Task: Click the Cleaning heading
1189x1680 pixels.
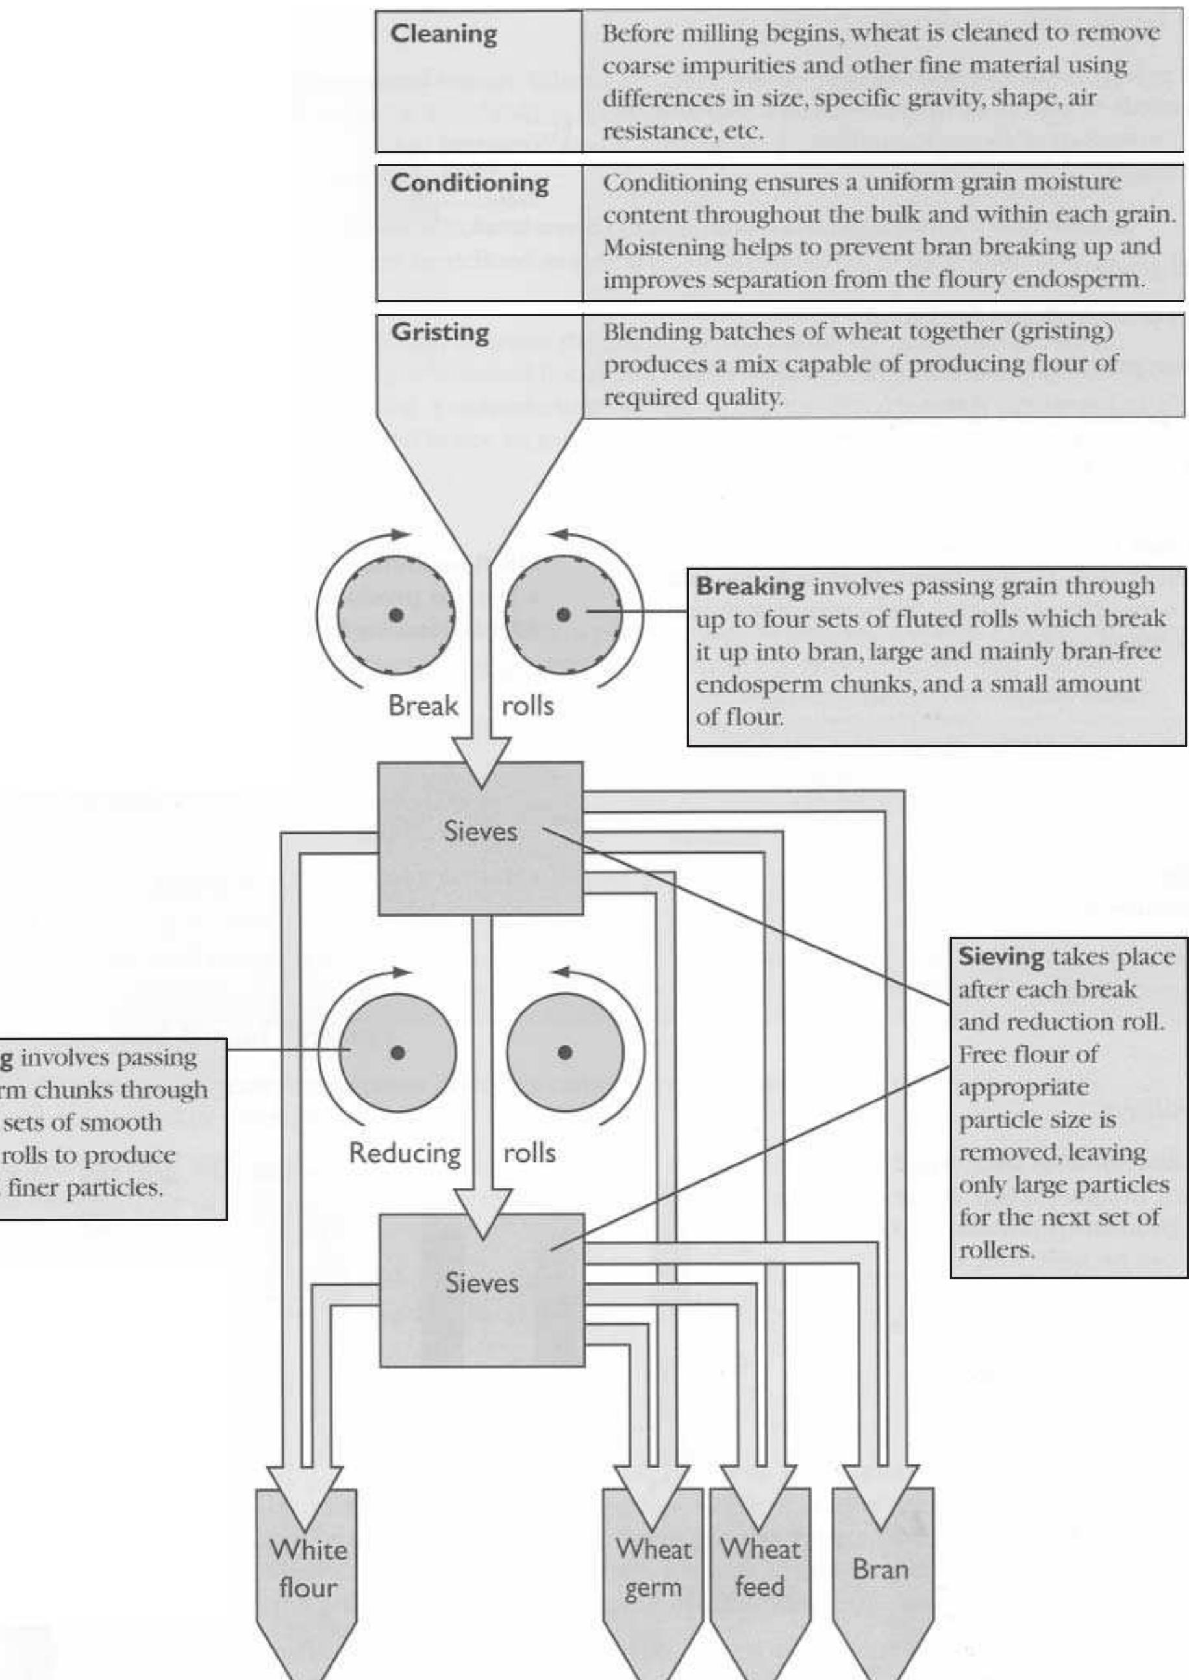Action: [x=443, y=34]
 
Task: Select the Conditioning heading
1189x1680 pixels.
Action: [x=469, y=183]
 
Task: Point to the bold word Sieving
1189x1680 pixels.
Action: [x=1001, y=956]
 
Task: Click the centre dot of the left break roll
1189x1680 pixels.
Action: [x=396, y=615]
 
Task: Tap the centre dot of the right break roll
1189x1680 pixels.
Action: [x=563, y=615]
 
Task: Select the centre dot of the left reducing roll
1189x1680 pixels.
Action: [x=397, y=1052]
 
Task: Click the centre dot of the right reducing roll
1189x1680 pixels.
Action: [x=564, y=1052]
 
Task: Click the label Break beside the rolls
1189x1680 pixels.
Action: [x=423, y=706]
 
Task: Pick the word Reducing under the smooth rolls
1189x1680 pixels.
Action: [x=405, y=1152]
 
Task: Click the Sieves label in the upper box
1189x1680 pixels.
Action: [x=481, y=831]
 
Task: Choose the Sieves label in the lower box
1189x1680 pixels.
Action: [x=482, y=1282]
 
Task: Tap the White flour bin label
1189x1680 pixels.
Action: [x=308, y=1569]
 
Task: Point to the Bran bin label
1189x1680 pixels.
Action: [x=880, y=1570]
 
